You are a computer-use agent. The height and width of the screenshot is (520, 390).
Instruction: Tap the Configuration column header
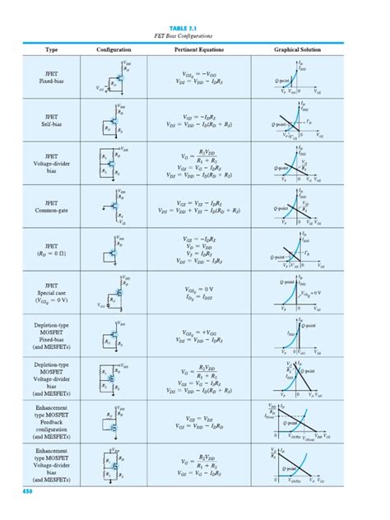tap(114, 50)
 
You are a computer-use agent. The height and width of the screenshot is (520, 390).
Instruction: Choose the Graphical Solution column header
tap(298, 50)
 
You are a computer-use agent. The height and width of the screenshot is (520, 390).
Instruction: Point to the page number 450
tap(27, 491)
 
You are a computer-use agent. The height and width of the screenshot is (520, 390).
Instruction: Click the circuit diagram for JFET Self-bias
tap(114, 120)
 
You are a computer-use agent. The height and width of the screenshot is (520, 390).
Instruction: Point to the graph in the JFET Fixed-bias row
tap(298, 77)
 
